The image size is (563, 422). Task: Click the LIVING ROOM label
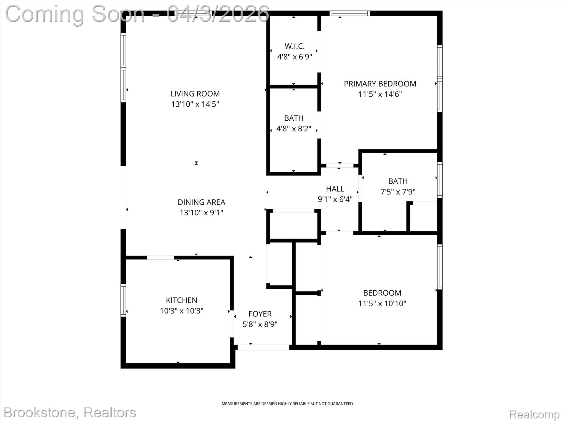195,94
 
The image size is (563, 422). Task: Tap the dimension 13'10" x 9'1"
201,213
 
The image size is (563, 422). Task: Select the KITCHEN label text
181,300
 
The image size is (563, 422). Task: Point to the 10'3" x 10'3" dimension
181,311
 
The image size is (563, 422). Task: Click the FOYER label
260,314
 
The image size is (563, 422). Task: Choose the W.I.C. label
294,46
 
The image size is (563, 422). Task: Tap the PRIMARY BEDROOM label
380,84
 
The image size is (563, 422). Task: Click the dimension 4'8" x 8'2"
294,129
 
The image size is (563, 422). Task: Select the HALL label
335,189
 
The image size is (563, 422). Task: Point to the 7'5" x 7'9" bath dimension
398,191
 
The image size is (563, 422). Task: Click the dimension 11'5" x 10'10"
382,303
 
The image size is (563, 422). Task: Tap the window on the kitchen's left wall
123,300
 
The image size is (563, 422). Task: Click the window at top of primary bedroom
349,13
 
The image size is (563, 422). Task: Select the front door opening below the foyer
263,348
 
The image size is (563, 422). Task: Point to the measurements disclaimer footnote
287,404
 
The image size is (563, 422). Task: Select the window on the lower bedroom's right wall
440,266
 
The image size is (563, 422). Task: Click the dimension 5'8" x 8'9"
260,324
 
